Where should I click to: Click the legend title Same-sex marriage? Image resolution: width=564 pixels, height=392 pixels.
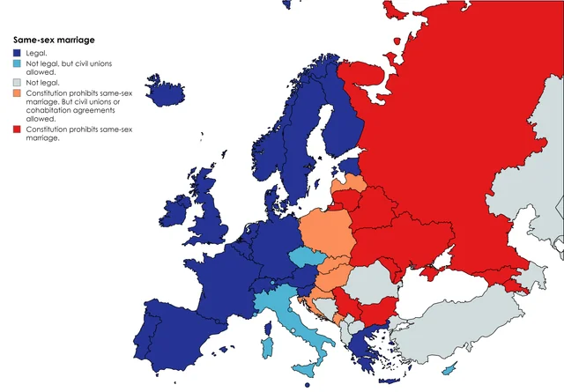(x=54, y=40)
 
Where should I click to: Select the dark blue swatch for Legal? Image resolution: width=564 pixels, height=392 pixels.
(x=18, y=54)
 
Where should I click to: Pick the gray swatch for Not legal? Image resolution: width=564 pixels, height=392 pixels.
(x=18, y=82)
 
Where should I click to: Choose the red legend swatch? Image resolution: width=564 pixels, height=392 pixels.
(x=18, y=129)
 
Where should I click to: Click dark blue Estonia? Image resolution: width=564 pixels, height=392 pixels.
(x=350, y=166)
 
